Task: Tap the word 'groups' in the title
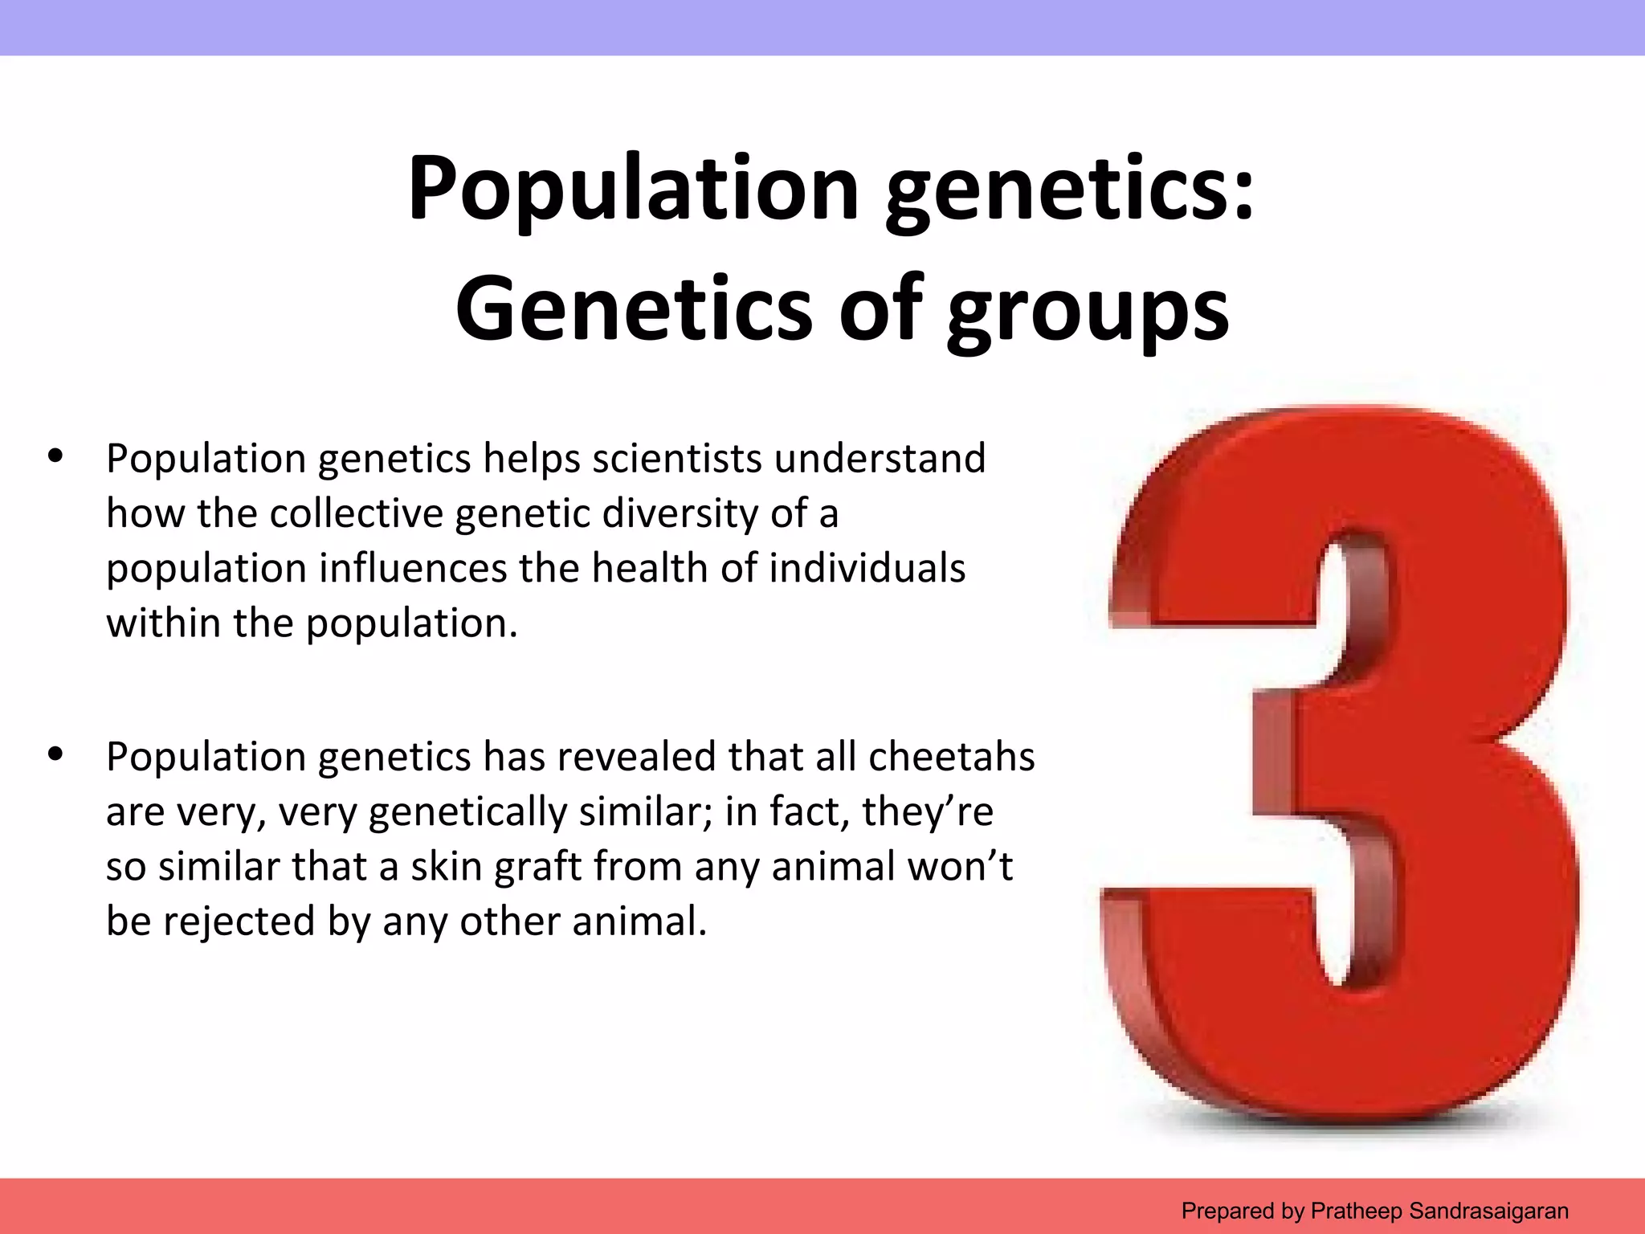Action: click(x=1088, y=309)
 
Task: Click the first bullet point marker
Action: click(x=55, y=456)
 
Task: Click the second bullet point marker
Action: click(x=55, y=754)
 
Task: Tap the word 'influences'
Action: click(x=413, y=569)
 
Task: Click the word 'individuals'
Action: click(x=867, y=569)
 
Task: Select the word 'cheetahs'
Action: click(x=951, y=757)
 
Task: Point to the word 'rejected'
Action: click(x=239, y=921)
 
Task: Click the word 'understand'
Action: click(x=880, y=459)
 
